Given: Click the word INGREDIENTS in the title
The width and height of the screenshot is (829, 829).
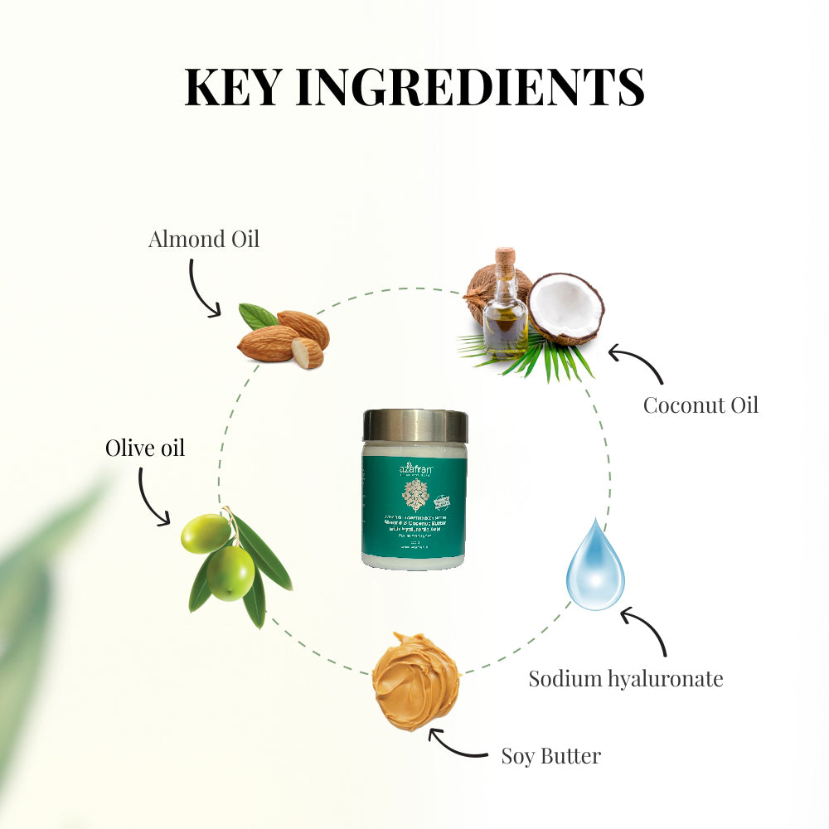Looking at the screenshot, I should [470, 86].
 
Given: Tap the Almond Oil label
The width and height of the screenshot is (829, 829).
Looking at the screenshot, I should [203, 240].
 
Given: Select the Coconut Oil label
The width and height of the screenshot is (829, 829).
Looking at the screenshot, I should [701, 405].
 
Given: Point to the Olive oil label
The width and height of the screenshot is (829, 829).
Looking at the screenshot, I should [144, 448].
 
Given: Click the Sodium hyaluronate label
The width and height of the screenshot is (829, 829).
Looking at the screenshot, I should [626, 679].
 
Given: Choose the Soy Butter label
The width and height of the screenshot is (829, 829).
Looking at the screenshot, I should [550, 755].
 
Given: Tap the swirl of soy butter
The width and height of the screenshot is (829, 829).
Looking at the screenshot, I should [415, 680].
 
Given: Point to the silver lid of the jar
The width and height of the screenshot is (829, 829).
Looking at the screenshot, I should [414, 425].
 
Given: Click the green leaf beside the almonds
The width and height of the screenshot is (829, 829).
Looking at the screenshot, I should [258, 315].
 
